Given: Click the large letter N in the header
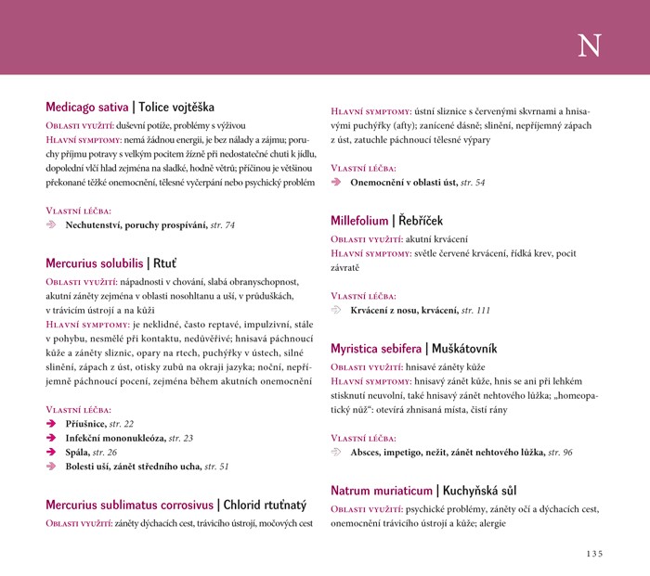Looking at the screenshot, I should coord(589,46).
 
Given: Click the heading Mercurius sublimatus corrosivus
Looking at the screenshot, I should coord(130,506).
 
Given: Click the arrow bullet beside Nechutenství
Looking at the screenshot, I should coord(52,225).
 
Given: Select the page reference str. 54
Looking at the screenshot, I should coord(474,182).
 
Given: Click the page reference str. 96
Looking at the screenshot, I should coord(560,452).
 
